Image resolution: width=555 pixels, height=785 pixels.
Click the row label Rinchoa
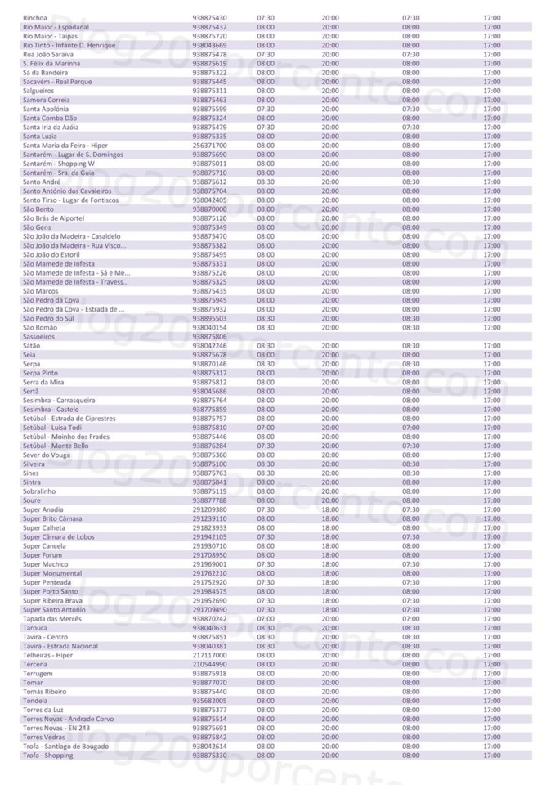[34, 18]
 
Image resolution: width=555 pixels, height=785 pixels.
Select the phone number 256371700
[209, 146]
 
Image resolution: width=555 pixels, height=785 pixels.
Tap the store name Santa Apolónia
[46, 109]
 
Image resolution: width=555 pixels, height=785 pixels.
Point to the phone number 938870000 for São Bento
[209, 209]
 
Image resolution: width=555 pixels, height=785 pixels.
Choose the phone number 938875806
[209, 337]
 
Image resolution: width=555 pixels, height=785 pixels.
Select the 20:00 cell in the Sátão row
[330, 346]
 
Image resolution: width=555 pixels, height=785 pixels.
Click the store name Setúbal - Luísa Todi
[51, 428]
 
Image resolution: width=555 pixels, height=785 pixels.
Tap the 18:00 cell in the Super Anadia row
[330, 509]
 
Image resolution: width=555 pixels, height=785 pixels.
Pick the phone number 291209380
[209, 509]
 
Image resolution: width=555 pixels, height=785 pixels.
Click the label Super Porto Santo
[50, 591]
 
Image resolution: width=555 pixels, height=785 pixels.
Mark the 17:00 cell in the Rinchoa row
[491, 18]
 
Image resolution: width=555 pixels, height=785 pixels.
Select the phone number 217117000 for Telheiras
[209, 655]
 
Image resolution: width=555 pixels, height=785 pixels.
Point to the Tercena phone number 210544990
[209, 664]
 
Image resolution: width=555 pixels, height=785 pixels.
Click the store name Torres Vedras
[44, 737]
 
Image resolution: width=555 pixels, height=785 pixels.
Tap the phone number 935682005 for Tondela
[209, 701]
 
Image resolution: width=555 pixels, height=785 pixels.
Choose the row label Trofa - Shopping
[47, 756]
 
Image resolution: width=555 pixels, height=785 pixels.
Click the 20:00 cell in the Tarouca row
[330, 628]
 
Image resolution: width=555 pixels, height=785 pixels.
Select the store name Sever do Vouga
[46, 455]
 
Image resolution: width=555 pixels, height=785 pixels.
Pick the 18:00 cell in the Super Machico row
[330, 564]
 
